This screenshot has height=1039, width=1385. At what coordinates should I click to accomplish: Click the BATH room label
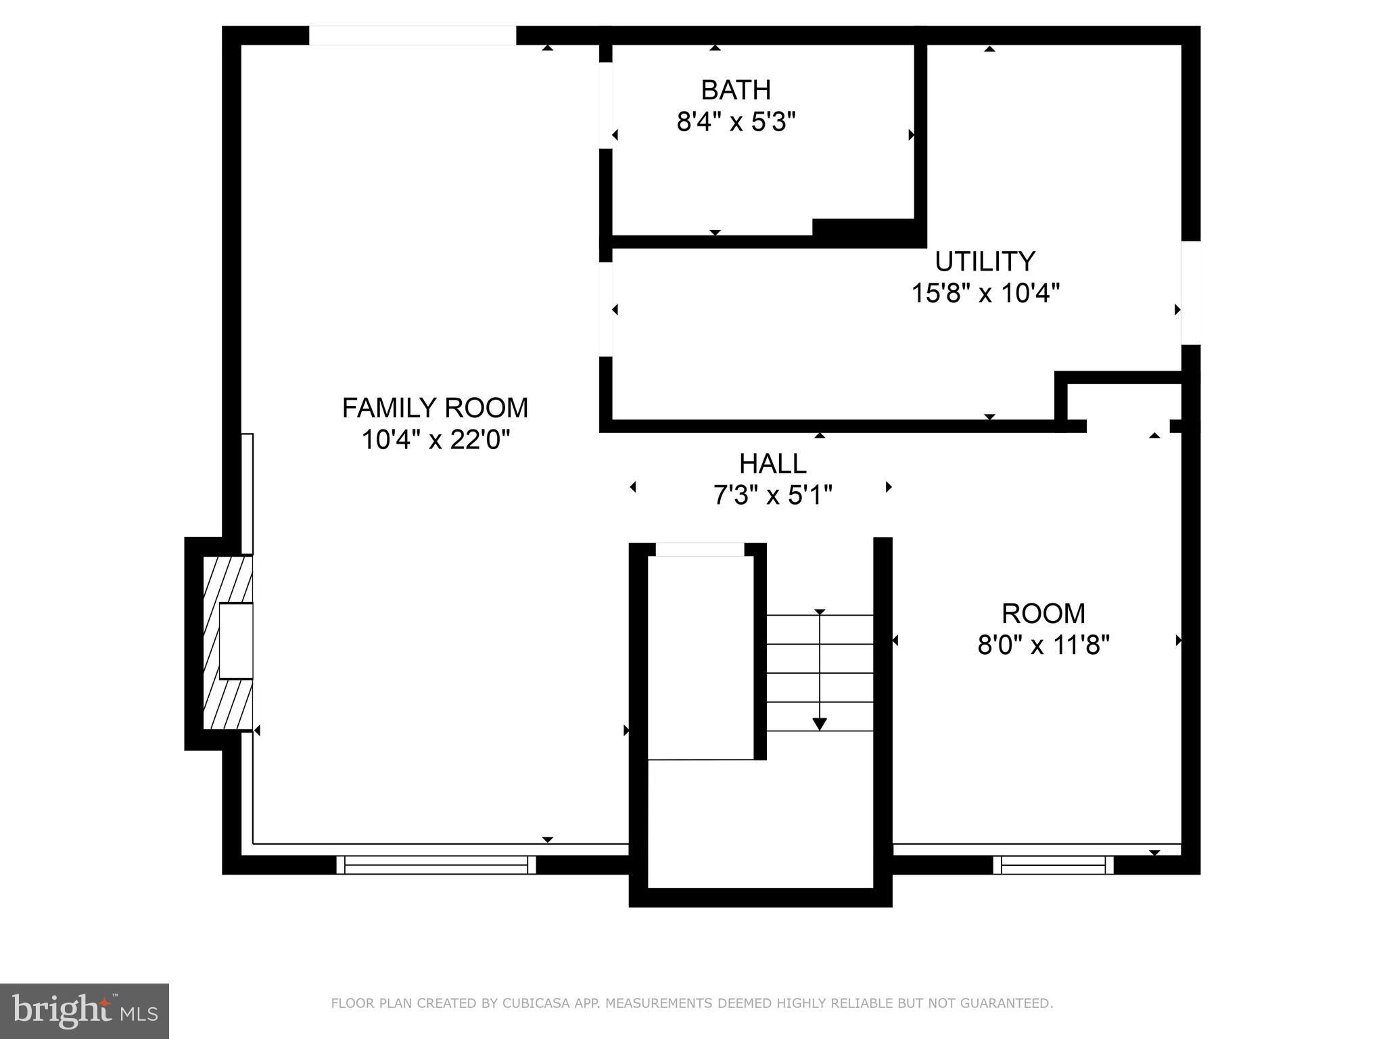click(x=736, y=90)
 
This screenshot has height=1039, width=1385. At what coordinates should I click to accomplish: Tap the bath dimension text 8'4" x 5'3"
click(x=736, y=122)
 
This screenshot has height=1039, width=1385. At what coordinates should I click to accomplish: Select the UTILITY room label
click(x=985, y=261)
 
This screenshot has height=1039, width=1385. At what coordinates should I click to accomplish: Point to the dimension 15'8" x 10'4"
click(x=985, y=294)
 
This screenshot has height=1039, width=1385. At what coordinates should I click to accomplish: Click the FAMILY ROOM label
click(x=435, y=408)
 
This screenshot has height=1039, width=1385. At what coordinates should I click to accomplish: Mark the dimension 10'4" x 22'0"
click(x=435, y=440)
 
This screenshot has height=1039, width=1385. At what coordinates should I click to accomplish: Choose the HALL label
click(x=772, y=464)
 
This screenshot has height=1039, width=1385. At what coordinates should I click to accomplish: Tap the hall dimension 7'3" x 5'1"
click(x=772, y=496)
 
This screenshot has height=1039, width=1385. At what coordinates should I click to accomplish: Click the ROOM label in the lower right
click(x=1043, y=614)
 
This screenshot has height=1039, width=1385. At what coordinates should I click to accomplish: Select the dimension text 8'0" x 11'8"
click(x=1043, y=645)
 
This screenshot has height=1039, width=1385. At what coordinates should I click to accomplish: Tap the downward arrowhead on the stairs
click(x=820, y=724)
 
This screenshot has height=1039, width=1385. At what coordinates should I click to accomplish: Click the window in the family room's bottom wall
click(x=436, y=864)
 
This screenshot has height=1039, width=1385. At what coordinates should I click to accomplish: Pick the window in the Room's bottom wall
click(x=1053, y=864)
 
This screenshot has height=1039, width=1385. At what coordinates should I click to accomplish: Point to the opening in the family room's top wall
click(x=413, y=35)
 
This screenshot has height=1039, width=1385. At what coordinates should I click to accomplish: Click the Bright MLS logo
click(x=85, y=1011)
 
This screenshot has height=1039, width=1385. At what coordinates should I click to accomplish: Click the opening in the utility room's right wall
click(x=1190, y=292)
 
